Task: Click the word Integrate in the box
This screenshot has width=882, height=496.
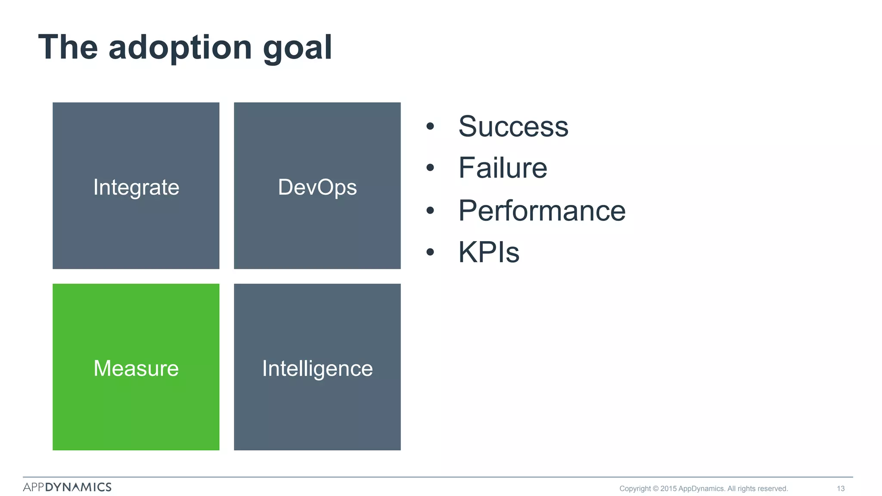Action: [x=136, y=187]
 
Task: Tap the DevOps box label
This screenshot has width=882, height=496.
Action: [x=317, y=187]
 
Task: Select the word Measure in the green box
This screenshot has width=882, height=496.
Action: [x=136, y=369]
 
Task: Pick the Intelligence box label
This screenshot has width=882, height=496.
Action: [x=317, y=369]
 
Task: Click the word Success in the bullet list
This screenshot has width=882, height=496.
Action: [x=513, y=127]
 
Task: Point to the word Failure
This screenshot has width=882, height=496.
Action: [x=503, y=168]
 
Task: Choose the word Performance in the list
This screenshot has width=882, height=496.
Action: [x=542, y=211]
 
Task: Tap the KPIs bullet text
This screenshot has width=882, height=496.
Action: [x=489, y=252]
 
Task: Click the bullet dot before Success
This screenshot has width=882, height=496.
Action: [x=430, y=127]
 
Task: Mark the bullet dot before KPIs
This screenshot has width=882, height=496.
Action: [x=430, y=252]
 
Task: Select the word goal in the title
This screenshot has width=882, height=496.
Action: [x=298, y=48]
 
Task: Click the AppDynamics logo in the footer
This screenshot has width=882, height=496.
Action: [x=67, y=487]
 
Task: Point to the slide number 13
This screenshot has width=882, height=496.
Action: [x=841, y=489]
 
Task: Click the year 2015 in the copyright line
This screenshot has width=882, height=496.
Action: [x=668, y=489]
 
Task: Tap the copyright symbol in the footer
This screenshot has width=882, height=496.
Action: [x=655, y=489]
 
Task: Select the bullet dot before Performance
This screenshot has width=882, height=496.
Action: [x=430, y=211]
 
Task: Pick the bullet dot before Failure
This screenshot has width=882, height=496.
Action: [x=430, y=168]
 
